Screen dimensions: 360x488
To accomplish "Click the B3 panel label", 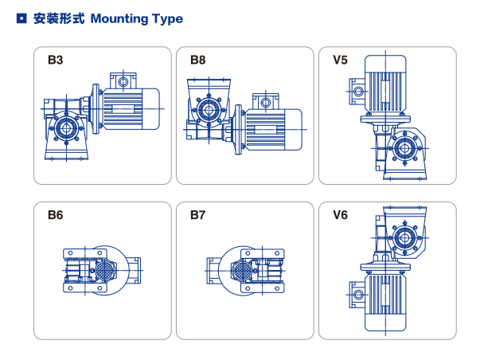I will pyautogui.click(x=55, y=61).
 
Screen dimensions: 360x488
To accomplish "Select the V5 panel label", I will pyautogui.click(x=340, y=61).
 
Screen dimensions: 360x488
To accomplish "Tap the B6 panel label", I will pyautogui.click(x=55, y=215).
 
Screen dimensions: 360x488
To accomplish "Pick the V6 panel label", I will pyautogui.click(x=340, y=215).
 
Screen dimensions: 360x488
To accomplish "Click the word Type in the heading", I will pyautogui.click(x=167, y=19).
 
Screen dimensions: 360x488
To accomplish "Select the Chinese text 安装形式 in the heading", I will pyautogui.click(x=60, y=19).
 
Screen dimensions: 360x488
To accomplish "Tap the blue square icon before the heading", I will pyautogui.click(x=21, y=18).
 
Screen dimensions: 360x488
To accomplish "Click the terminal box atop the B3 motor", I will pyautogui.click(x=123, y=81).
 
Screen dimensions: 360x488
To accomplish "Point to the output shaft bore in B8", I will pyautogui.click(x=209, y=109).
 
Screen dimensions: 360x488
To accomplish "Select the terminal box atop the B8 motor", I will pyautogui.click(x=266, y=100).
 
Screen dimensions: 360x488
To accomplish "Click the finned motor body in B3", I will pyautogui.click(x=131, y=108).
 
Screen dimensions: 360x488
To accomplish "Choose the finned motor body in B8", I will pyautogui.click(x=274, y=127).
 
